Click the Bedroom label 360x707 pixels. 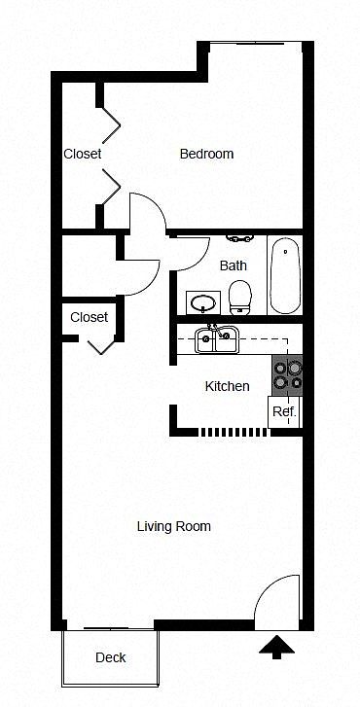coord(206,155)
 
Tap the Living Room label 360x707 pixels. coord(174,526)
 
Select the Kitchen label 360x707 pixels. coord(227,386)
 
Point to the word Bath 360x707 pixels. coord(234,265)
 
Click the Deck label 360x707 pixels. coord(111,657)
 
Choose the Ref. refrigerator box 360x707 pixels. coord(285,412)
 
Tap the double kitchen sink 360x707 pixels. coord(216,339)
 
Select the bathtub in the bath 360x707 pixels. coord(285,275)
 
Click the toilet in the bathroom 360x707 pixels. coord(240,298)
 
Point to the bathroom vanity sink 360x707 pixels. coord(203,303)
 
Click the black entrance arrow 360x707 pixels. coord(276,648)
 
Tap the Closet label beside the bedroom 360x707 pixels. coord(82,154)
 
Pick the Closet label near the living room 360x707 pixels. coord(90,317)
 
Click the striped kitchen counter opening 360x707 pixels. coord(234,432)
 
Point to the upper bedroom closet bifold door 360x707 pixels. coord(112,124)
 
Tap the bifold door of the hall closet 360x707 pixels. coord(101,347)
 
